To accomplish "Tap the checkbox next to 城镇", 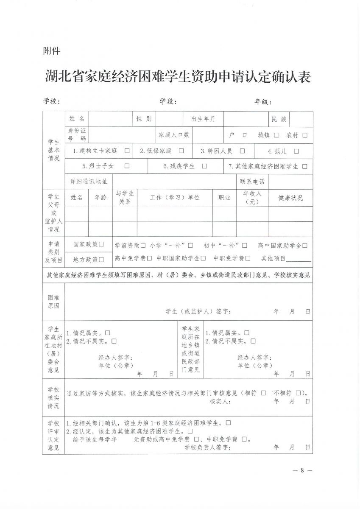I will [276, 135].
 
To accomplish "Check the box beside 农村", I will [305, 135].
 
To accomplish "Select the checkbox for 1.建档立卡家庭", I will [127, 151].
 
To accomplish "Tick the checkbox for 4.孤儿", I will [296, 151].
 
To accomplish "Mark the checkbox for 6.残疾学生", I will [205, 166].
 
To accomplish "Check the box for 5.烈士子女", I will [127, 166].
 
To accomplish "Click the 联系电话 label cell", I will [252, 182].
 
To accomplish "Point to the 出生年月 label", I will [203, 119].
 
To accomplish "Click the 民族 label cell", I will [279, 119].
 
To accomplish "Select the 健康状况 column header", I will [290, 198].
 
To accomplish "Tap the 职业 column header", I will [224, 198].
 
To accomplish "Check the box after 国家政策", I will [101, 244].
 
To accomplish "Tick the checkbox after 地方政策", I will [101, 259].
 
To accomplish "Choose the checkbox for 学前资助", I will [143, 245].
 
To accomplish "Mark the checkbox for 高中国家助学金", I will [305, 245].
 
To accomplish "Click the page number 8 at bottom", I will [302, 470].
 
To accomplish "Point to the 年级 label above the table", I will [262, 102].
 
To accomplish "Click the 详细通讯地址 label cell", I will [89, 182].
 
